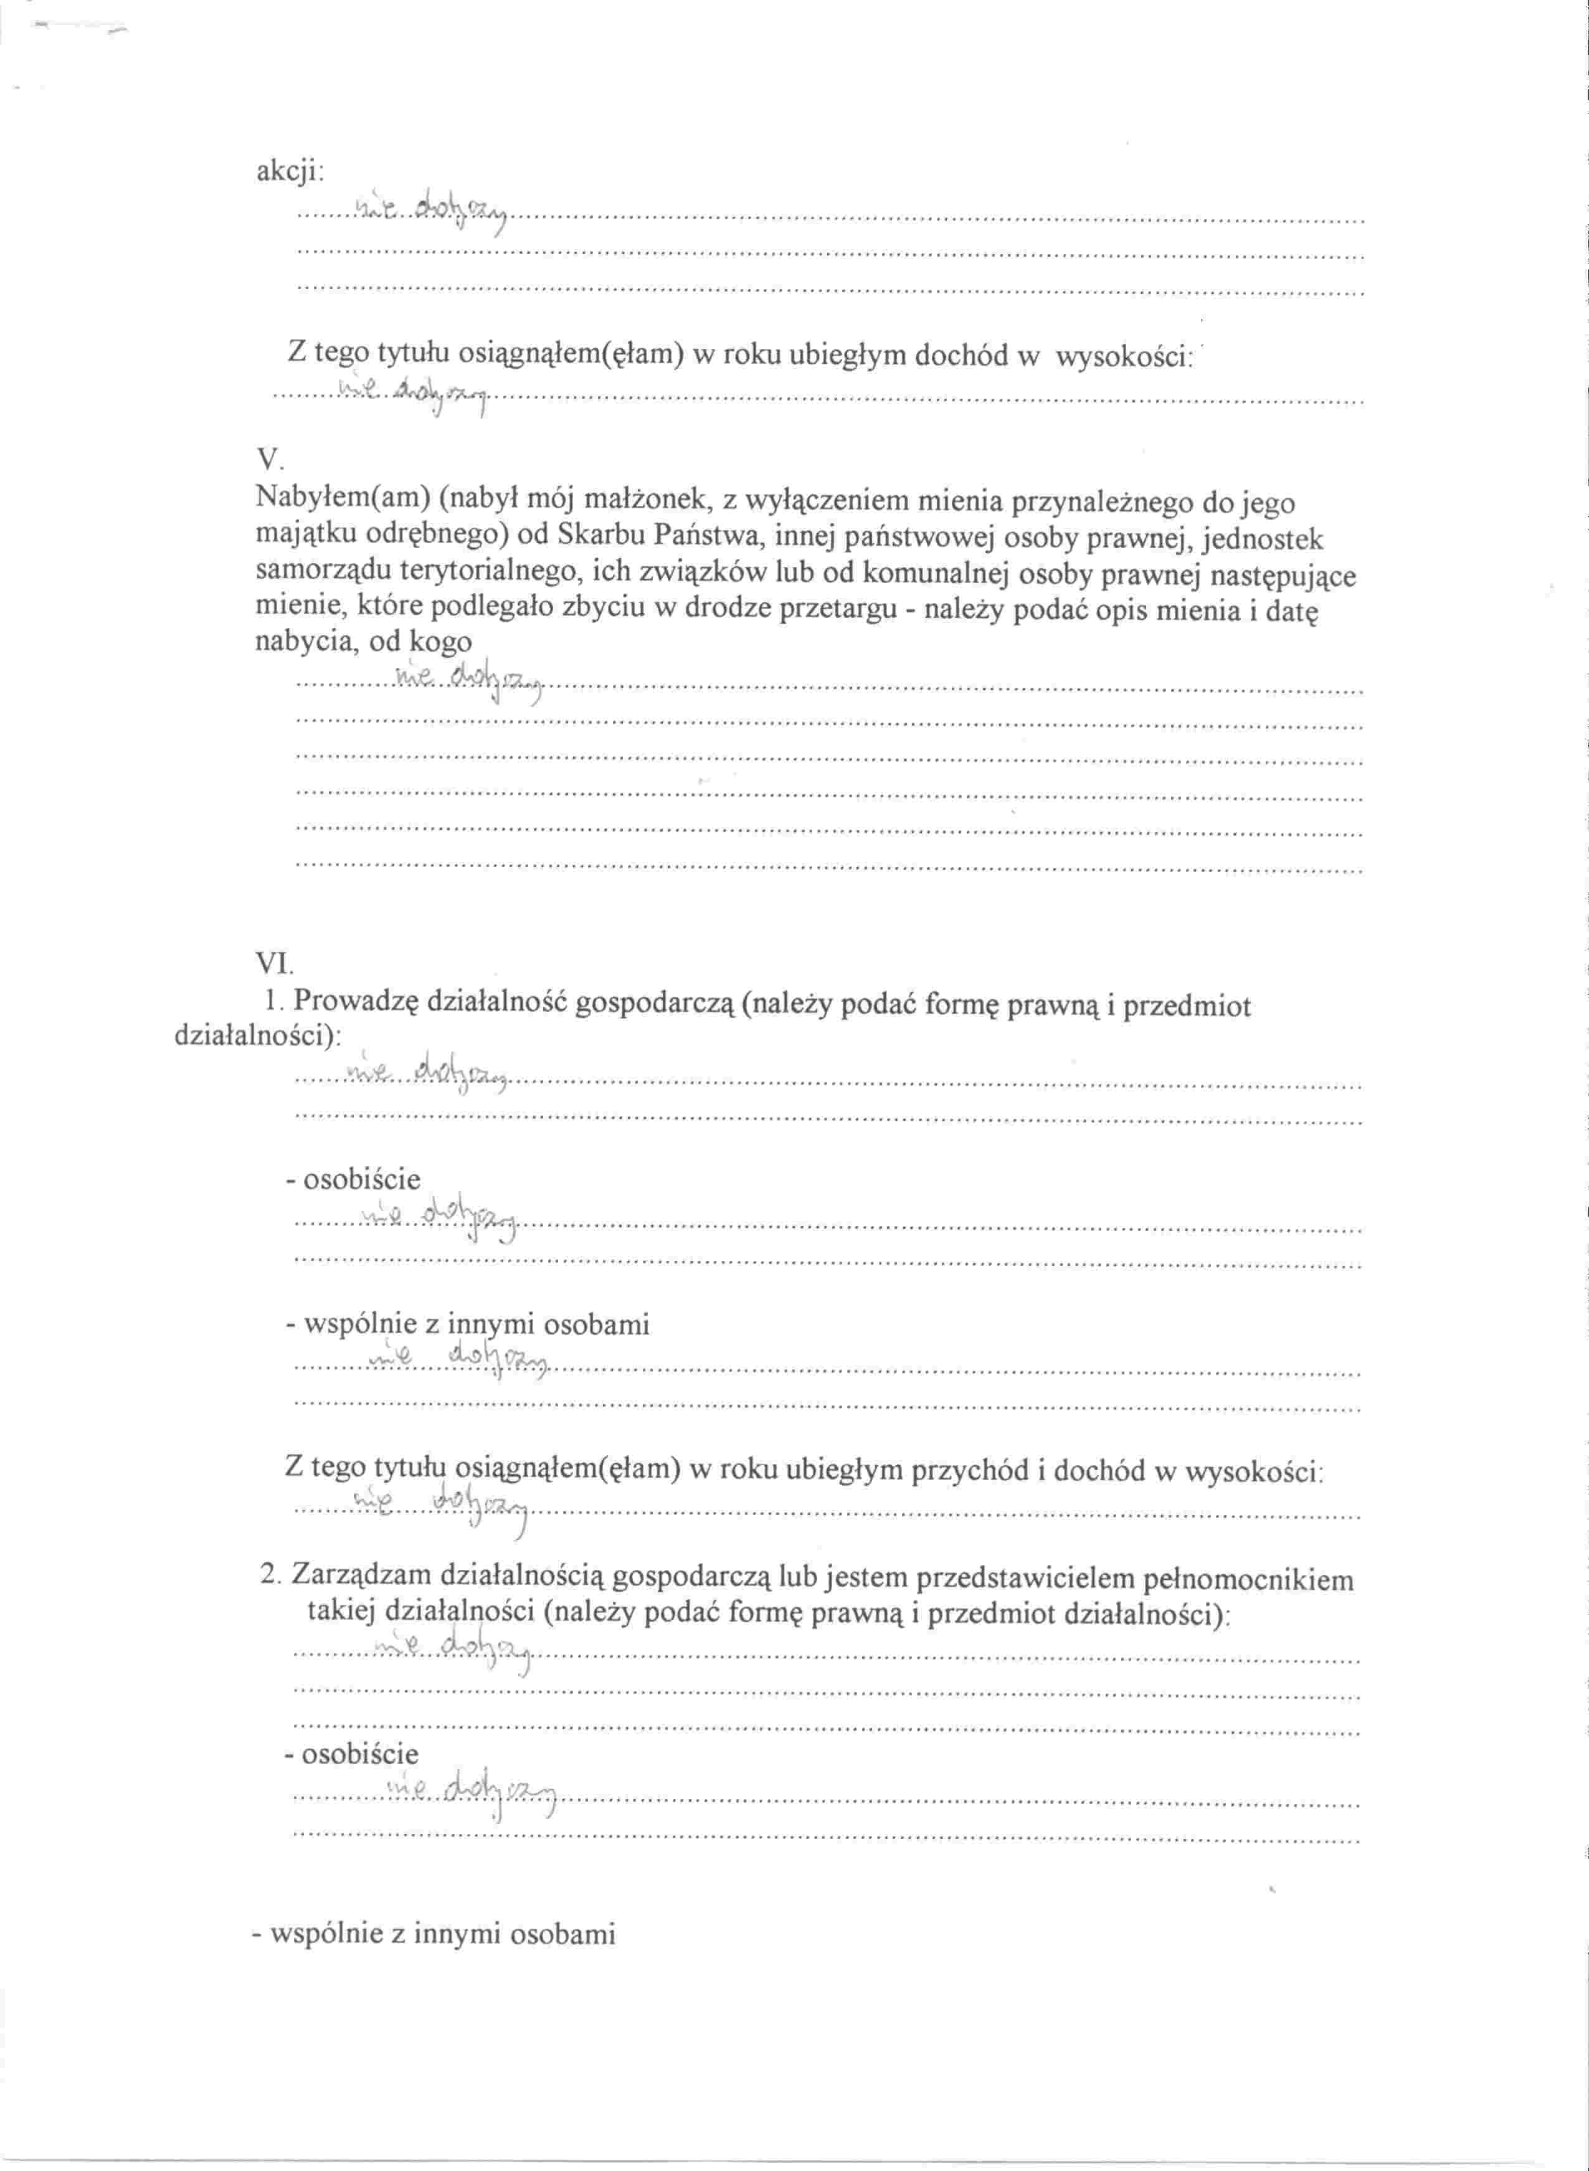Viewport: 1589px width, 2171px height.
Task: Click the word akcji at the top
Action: click(x=290, y=171)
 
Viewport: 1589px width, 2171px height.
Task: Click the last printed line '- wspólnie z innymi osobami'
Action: click(x=434, y=1934)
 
